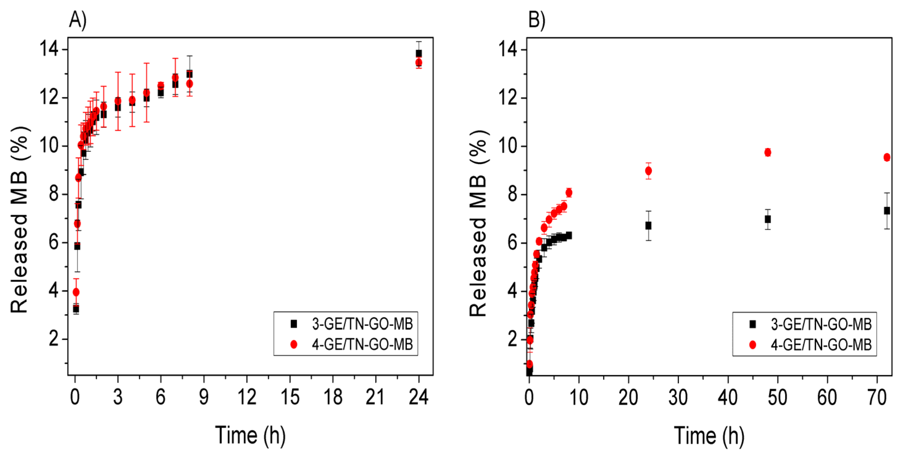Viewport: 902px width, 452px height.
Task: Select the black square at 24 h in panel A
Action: pyautogui.click(x=418, y=54)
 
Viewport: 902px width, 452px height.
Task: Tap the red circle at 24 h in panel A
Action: pyautogui.click(x=418, y=63)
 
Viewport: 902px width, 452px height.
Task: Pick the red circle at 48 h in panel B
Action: pyautogui.click(x=768, y=152)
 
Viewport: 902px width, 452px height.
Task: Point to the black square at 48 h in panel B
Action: pyautogui.click(x=768, y=219)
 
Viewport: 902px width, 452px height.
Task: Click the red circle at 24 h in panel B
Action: pyautogui.click(x=648, y=171)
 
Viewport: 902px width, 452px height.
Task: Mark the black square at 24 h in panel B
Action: pyautogui.click(x=648, y=226)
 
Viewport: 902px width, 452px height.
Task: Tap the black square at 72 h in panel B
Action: pyautogui.click(x=887, y=211)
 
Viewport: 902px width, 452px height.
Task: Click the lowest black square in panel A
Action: pyautogui.click(x=76, y=309)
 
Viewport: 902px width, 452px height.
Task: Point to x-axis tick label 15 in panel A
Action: pyautogui.click(x=290, y=397)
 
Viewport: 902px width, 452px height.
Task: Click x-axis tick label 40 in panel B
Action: pyautogui.click(x=728, y=397)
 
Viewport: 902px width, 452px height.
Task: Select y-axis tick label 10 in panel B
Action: pyautogui.click(x=507, y=146)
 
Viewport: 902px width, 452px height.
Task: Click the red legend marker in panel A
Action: pyautogui.click(x=294, y=345)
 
